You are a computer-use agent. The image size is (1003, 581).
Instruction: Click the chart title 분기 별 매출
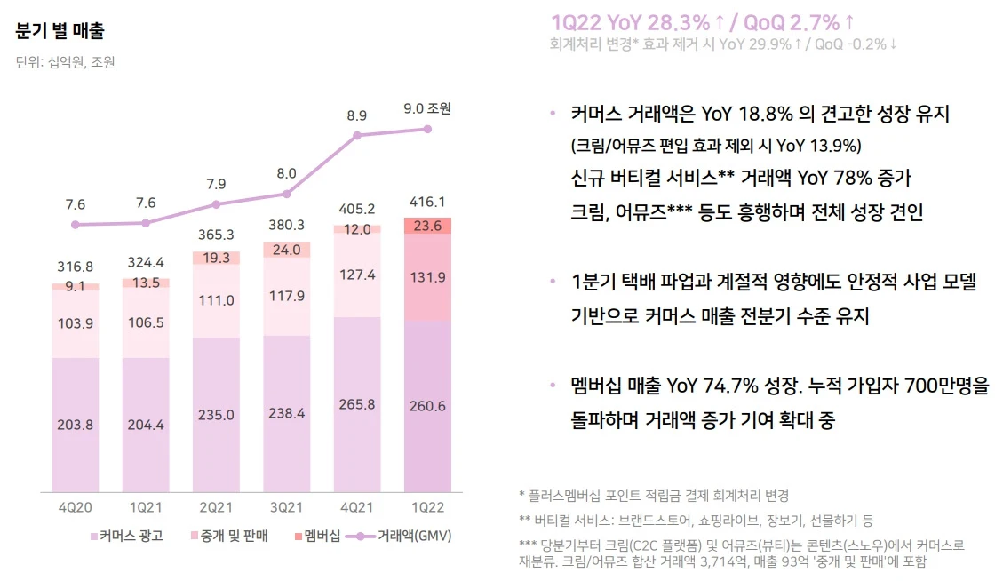60,31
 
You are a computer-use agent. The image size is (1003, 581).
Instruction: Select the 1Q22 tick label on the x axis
427,507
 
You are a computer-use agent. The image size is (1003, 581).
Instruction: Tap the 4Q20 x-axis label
75,507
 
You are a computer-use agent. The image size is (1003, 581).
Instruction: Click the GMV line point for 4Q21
357,135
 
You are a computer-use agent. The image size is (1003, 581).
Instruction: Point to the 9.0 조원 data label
427,108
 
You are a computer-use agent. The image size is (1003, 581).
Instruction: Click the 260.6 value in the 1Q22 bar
427,406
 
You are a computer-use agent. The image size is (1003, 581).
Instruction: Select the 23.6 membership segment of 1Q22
427,226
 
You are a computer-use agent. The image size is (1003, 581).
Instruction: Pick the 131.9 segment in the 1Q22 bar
427,276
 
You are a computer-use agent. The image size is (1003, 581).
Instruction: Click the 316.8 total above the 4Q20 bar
75,266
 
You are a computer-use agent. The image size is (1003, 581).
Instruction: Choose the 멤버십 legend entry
316,536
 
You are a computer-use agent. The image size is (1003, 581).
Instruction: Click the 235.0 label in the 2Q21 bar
216,415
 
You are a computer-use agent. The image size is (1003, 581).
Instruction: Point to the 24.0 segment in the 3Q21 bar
286,250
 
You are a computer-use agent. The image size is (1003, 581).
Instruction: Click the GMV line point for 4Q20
76,224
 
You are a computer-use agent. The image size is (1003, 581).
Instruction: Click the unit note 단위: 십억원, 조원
65,62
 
